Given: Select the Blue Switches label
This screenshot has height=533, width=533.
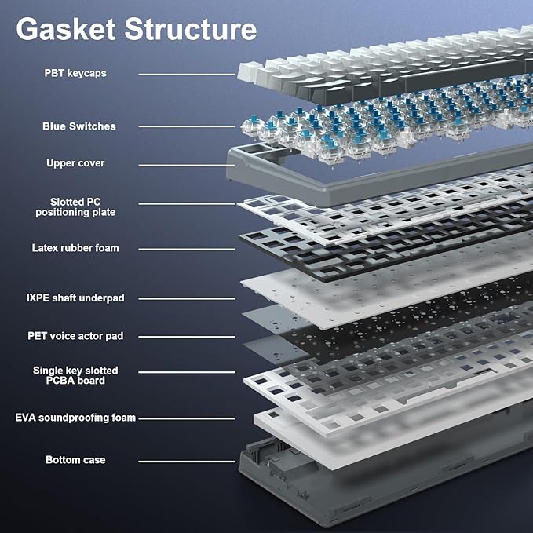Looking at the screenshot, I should (78, 126).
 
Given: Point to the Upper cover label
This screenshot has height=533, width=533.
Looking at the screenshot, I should (75, 163).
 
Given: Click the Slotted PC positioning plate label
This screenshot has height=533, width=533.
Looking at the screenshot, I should (75, 207).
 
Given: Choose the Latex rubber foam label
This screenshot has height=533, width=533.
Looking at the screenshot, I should (75, 248).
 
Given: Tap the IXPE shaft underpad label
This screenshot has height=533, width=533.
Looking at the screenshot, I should (75, 298).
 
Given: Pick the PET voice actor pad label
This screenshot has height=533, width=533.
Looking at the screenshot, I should (75, 336).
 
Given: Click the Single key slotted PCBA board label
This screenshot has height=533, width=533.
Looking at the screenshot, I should (75, 375).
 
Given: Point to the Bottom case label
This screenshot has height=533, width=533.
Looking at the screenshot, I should (75, 460).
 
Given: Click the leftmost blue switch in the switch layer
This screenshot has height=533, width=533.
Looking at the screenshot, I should (254, 123).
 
